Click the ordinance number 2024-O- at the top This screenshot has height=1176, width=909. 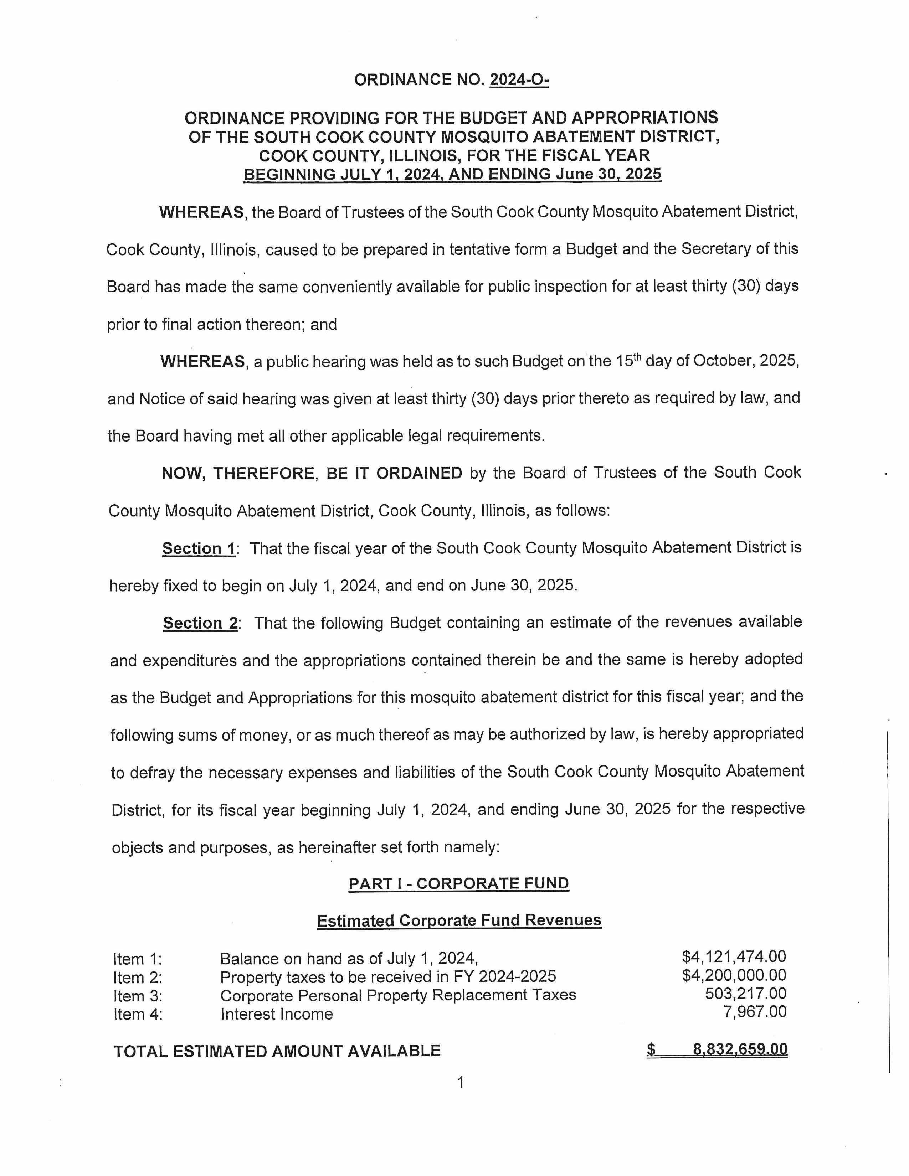(519, 80)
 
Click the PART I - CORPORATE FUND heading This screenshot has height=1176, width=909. (458, 884)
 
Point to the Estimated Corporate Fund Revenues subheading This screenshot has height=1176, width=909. (459, 921)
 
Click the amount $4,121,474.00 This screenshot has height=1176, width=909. (734, 957)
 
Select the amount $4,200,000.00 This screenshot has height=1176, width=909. (734, 975)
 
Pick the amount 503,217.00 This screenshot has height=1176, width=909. (745, 994)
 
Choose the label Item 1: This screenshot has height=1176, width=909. (137, 960)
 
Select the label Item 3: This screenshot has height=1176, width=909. (137, 996)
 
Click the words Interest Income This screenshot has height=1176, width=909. (276, 1015)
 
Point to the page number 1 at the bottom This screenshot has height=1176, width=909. (460, 1082)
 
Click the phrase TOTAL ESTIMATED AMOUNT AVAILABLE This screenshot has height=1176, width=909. (277, 1051)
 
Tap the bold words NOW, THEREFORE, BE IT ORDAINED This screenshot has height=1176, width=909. (312, 473)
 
